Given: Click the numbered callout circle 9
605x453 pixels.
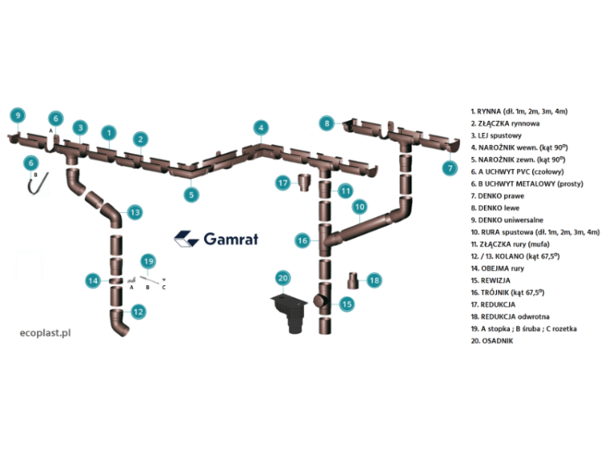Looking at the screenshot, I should coord(18,115).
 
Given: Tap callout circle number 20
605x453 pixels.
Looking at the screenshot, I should coord(282,278).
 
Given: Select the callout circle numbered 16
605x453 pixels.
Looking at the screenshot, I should coord(302,240).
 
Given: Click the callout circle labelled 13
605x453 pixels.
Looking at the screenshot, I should coord(135,212).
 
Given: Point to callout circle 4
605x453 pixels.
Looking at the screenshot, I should coord(260,127).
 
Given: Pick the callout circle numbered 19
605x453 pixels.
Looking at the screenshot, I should coord(147,261).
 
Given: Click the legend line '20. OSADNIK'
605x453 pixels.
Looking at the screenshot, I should coord(491,341).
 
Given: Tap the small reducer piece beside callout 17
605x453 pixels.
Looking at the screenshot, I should coord(304,184).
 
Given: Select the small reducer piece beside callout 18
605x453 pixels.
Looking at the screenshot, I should coord(353,281).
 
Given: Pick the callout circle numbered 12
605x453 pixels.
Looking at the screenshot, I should coord(138,310).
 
